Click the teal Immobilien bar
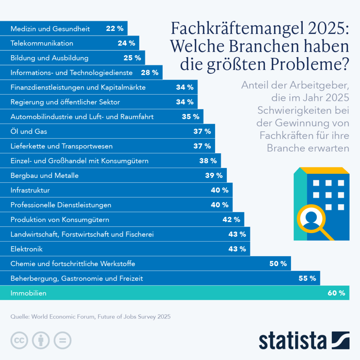pos(176,293)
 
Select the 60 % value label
pos(336,293)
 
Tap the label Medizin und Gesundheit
pos(50,28)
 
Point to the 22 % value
pos(115,28)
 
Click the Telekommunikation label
pos(42,43)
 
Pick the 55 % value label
pos(307,278)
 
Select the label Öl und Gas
pos(29,131)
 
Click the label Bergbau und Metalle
pos(45,175)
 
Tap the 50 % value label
pos(278,264)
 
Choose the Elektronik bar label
pos(27,249)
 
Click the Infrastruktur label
pos(30,190)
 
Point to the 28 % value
pos(149,73)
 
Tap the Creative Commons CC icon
pos(19,340)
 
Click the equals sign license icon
pos(62,340)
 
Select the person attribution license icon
pos(41,340)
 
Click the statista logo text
pos(292,340)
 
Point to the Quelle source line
pos(90,316)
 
